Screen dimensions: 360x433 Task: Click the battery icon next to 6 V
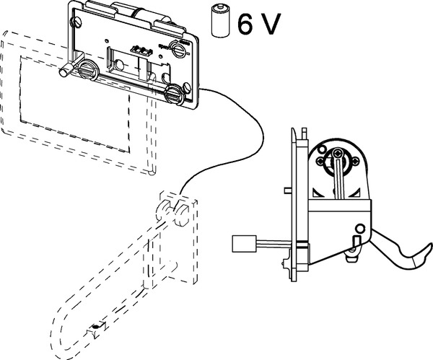(218, 20)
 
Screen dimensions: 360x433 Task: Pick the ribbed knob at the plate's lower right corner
(174, 95)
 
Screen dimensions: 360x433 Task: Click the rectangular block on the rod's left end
(240, 244)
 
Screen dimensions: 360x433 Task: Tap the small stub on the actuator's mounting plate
(287, 191)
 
